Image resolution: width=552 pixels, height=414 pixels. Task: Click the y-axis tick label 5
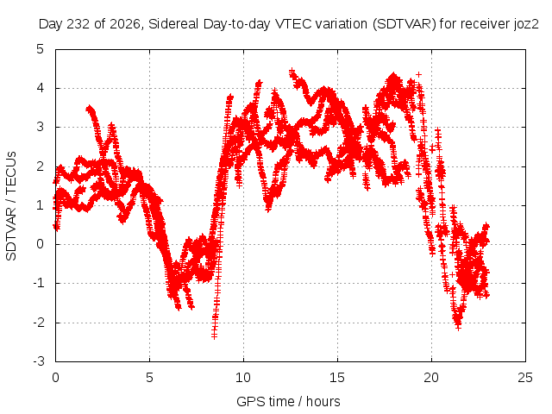41,49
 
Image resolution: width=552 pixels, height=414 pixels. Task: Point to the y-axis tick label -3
39,361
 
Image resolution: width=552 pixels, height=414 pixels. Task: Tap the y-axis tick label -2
39,323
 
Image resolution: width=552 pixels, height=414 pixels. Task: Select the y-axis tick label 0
41,244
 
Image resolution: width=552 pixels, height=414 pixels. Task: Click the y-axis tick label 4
41,88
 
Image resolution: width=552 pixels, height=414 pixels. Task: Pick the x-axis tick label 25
525,378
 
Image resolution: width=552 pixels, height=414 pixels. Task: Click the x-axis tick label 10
243,378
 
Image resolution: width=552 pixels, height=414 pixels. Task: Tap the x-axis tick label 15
337,378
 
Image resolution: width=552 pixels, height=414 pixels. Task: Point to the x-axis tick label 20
431,378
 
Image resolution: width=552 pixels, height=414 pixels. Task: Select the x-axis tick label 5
149,378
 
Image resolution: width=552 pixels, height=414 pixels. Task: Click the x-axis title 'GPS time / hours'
288,401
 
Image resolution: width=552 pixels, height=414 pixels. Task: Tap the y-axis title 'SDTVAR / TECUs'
11,206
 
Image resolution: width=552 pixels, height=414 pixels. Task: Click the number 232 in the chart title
78,24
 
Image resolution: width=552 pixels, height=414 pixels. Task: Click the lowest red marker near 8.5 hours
214,336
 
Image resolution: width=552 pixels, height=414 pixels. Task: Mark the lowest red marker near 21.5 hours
458,328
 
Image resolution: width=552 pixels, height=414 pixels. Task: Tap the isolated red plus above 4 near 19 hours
418,74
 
